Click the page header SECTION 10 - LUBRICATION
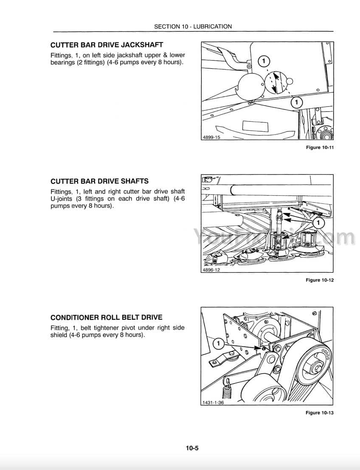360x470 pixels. (x=193, y=26)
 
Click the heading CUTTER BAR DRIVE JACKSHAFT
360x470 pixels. (x=107, y=45)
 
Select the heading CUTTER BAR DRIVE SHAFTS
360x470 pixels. (x=99, y=181)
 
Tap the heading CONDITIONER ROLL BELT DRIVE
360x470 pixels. (x=107, y=318)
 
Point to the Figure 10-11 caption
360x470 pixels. (x=320, y=147)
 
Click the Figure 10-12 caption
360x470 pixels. (x=320, y=280)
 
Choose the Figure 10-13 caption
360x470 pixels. (x=320, y=413)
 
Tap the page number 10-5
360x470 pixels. (x=192, y=448)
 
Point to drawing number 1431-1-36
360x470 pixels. (x=213, y=402)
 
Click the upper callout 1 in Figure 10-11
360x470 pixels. (x=264, y=62)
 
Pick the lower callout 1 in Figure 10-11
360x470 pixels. (x=296, y=102)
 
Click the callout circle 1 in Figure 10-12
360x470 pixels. (x=318, y=223)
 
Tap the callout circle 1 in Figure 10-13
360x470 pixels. (x=219, y=343)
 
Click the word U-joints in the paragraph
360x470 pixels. (x=62, y=199)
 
